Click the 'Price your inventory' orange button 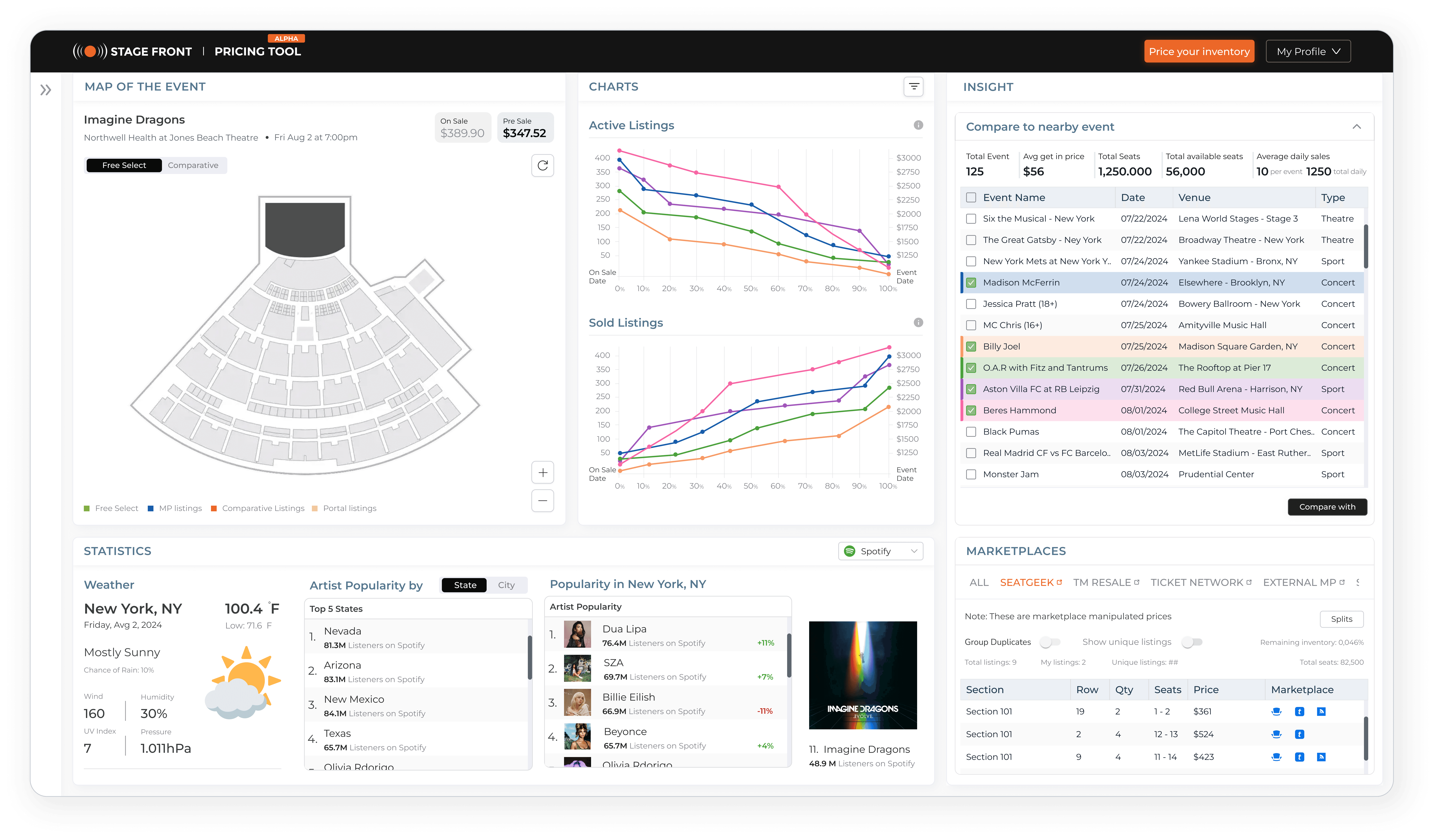[1199, 51]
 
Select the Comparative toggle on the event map [193, 165]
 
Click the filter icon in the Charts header [913, 86]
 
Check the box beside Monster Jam [971, 474]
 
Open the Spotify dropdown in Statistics [880, 551]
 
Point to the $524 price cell [1203, 734]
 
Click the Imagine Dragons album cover [863, 675]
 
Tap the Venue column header [1194, 198]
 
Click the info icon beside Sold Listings [918, 322]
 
